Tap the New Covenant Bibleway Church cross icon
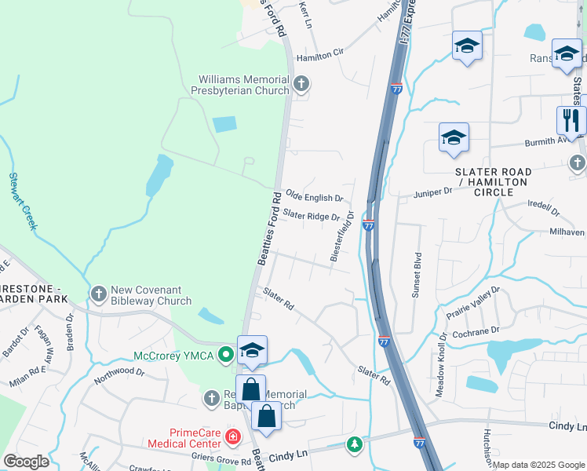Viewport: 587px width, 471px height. coord(98,294)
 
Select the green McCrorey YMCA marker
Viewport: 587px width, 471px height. coord(226,355)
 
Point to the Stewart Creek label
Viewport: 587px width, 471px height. coord(23,201)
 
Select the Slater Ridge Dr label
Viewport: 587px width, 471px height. coord(312,216)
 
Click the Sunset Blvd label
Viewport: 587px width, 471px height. coord(417,275)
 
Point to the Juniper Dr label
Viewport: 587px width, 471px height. coord(432,191)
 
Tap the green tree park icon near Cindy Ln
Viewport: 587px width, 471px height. coord(355,445)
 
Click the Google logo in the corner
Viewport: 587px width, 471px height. coord(26,462)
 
